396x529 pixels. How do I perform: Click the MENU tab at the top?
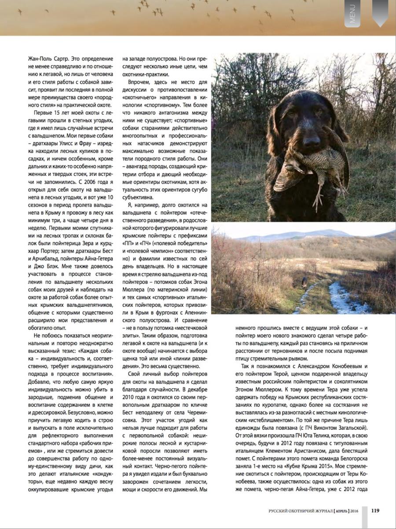pos(352,14)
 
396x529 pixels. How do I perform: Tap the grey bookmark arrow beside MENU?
pos(380,12)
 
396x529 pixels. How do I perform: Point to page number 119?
pos(375,510)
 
